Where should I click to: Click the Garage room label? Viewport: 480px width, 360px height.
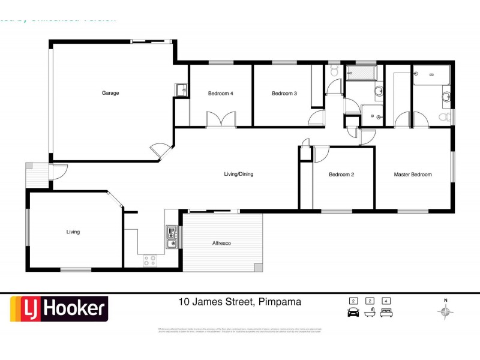point(110,93)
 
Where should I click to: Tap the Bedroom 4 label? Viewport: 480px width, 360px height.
point(221,93)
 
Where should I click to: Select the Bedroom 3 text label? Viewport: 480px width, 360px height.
point(284,93)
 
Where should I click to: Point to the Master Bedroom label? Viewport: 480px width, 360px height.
point(413,175)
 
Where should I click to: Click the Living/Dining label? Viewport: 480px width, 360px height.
point(239,175)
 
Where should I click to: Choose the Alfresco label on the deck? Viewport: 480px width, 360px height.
point(222,243)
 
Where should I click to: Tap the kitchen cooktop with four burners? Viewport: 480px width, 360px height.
point(150,260)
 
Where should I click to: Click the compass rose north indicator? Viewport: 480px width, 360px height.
point(445,310)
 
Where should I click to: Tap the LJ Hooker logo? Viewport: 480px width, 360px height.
point(59,309)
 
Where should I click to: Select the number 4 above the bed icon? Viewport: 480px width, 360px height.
point(387,301)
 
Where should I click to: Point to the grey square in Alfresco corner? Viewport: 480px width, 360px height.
point(258,266)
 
